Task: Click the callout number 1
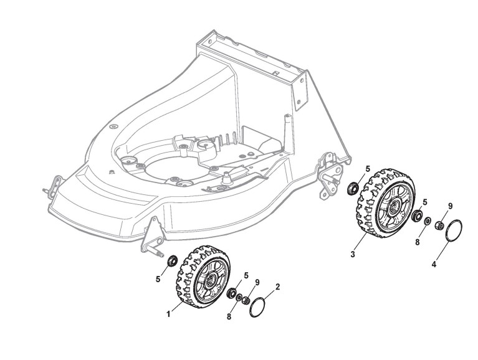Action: tap(168, 314)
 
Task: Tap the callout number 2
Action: tap(277, 287)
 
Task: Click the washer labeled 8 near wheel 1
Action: tap(239, 296)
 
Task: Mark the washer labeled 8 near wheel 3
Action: tap(426, 220)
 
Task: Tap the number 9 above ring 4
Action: tap(450, 206)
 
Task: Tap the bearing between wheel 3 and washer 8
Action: tap(415, 217)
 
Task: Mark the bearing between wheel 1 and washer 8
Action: tap(231, 292)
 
